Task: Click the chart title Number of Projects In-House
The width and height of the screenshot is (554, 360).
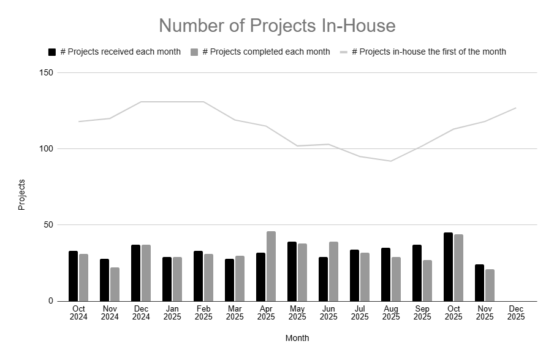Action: click(x=277, y=26)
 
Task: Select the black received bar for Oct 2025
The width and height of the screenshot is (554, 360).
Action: click(x=448, y=267)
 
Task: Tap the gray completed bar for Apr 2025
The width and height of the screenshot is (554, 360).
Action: click(x=271, y=266)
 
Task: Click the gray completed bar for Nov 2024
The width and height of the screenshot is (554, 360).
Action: click(x=115, y=284)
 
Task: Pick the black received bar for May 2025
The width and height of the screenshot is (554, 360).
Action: click(x=292, y=271)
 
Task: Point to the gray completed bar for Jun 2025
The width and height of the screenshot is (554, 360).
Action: click(x=333, y=271)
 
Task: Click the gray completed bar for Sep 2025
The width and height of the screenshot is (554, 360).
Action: click(x=427, y=280)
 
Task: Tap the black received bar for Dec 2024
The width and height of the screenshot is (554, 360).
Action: click(x=135, y=273)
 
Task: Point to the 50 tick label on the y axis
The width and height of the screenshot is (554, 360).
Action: click(x=49, y=225)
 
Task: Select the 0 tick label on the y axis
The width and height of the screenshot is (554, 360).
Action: click(x=51, y=301)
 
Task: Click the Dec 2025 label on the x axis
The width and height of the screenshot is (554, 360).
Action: click(x=516, y=312)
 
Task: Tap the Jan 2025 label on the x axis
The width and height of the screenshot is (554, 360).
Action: click(x=172, y=312)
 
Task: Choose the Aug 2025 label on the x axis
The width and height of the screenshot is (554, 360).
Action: click(x=391, y=312)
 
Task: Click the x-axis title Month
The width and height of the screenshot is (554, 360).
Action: click(x=297, y=338)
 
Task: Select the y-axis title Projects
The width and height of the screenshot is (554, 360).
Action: click(x=22, y=195)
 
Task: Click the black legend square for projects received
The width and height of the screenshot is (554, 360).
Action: click(x=52, y=52)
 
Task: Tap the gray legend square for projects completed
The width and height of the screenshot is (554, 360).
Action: click(x=194, y=52)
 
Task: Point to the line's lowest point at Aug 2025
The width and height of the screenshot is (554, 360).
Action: click(x=390, y=161)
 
